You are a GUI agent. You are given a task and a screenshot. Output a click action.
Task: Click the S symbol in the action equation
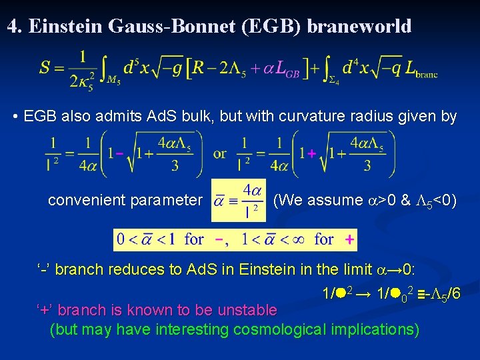point(45,67)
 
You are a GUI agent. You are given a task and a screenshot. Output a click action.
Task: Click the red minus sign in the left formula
point(119,154)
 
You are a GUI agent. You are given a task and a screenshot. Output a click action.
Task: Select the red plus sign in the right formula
point(311,154)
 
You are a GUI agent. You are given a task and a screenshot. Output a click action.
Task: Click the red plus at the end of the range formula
point(349,239)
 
